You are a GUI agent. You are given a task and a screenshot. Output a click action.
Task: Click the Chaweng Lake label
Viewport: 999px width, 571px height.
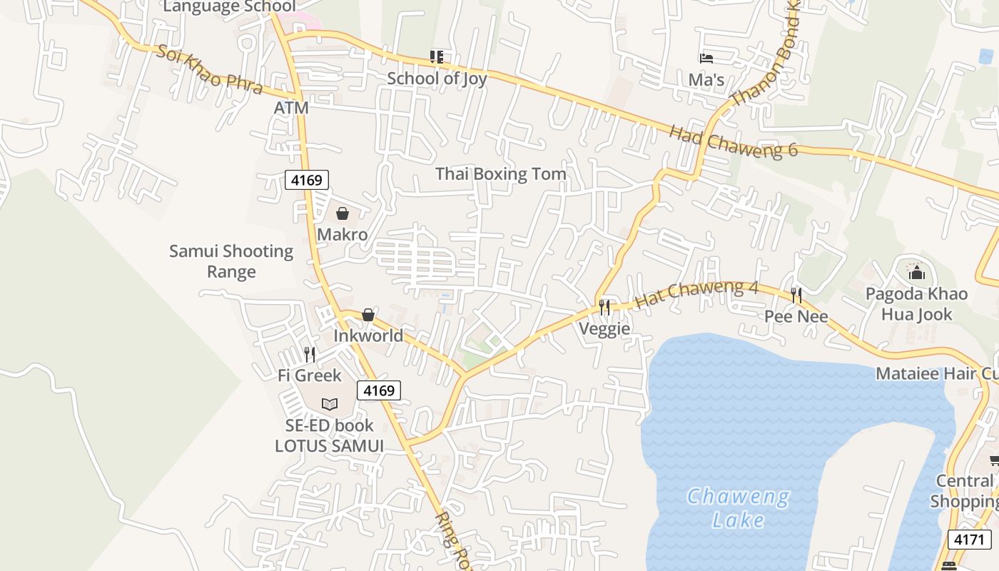coord(738,507)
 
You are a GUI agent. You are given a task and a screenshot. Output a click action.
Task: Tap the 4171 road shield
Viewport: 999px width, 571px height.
coord(968,539)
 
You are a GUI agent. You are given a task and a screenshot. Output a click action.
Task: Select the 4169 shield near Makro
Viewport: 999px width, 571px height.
coord(307,180)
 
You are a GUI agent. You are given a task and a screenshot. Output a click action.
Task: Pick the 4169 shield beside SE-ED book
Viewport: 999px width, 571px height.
coord(378,390)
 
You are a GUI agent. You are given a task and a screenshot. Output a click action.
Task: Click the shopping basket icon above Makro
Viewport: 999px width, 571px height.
coord(343,213)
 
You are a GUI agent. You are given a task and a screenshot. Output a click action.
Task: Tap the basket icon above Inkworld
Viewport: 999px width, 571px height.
coord(368,315)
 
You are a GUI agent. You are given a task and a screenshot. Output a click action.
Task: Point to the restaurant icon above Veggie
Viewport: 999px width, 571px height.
coord(604,308)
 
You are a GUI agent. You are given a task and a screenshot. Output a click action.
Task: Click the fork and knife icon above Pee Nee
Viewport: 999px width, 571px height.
coord(796,295)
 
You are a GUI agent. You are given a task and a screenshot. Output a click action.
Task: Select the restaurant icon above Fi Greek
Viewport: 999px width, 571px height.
coord(310,354)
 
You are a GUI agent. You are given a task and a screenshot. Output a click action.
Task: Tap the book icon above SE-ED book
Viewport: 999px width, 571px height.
coord(329,405)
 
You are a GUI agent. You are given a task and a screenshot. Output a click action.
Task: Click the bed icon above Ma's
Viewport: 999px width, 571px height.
coord(706,59)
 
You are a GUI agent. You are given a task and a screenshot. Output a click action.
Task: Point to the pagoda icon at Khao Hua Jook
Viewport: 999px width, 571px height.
coord(916,273)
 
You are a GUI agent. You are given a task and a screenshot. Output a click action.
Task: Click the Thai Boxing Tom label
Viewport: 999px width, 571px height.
coord(500,174)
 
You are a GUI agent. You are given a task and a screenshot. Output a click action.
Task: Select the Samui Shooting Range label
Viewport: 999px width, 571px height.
coord(231,261)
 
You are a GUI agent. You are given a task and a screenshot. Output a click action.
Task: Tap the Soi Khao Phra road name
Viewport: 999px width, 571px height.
coord(209,70)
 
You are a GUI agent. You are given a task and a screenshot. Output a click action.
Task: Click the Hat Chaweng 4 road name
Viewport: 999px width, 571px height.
coord(696,293)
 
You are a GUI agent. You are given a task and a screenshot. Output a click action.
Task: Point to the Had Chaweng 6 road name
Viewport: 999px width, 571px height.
coord(733,141)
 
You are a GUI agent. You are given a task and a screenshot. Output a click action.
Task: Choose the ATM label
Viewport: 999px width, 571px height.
coord(291,108)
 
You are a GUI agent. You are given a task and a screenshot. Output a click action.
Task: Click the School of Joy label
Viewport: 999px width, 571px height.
coord(437,79)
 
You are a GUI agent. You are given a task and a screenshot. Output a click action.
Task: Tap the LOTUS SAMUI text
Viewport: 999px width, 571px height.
coord(330,446)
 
